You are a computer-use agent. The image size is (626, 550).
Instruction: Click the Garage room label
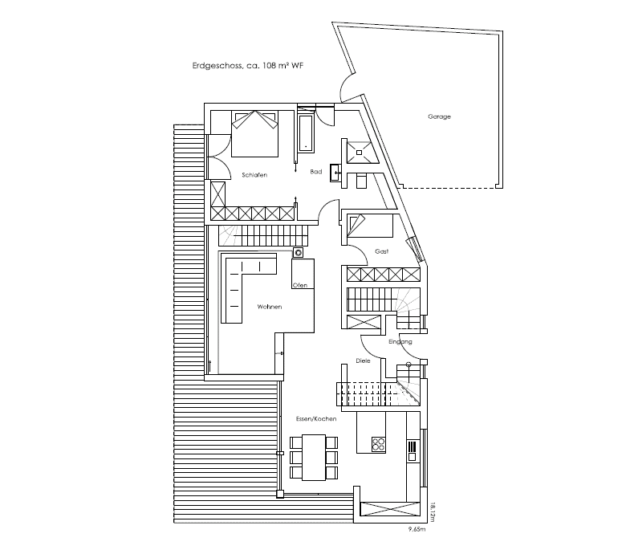(x=439, y=116)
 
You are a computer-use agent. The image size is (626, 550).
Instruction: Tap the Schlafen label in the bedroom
(x=254, y=175)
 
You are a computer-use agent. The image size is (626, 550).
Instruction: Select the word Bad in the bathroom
(x=315, y=172)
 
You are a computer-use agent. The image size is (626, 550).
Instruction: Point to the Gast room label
(x=382, y=251)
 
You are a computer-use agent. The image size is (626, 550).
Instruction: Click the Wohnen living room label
(x=270, y=307)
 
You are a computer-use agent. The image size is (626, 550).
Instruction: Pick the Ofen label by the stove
(x=300, y=285)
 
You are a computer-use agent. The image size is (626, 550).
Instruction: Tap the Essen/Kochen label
(x=316, y=419)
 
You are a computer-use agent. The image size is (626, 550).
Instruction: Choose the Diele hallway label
(x=363, y=361)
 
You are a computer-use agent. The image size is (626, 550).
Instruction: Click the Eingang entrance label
(x=400, y=342)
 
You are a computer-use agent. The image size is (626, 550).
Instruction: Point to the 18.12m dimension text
(x=433, y=512)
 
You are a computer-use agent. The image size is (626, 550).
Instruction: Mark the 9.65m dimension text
(x=417, y=530)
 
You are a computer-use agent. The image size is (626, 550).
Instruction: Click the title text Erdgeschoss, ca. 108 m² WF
(x=248, y=66)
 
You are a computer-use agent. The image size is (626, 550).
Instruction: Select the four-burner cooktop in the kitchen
(x=378, y=444)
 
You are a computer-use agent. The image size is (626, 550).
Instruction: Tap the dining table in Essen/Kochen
(x=314, y=458)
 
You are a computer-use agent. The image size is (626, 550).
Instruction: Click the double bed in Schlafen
(x=254, y=134)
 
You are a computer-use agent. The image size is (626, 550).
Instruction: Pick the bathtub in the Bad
(x=307, y=134)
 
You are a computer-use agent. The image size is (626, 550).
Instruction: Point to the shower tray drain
(x=360, y=153)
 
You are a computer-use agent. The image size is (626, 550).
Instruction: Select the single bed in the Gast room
(x=370, y=226)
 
